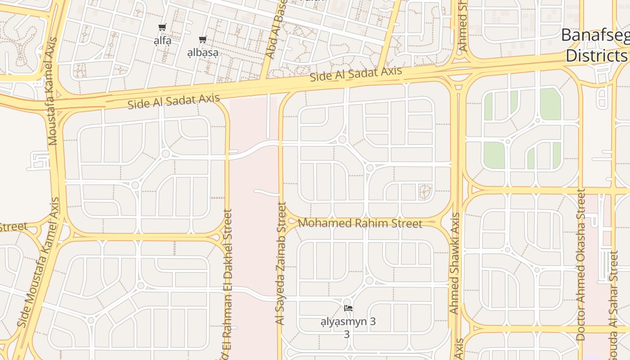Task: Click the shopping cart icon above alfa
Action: [162, 27]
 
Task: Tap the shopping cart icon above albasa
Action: [203, 40]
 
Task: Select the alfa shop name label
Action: [162, 41]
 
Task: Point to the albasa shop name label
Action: [203, 53]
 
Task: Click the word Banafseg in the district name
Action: [595, 36]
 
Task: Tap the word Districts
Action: [596, 56]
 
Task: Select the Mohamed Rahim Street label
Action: [360, 223]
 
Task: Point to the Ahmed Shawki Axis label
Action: [454, 263]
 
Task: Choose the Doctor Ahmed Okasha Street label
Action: [580, 265]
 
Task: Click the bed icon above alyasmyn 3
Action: [348, 308]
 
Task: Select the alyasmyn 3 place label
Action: [348, 322]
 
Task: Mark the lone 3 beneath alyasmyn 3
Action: [346, 334]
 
